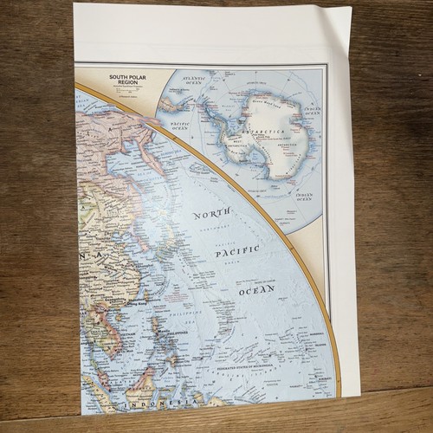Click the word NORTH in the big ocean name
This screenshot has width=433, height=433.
click(x=212, y=214)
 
